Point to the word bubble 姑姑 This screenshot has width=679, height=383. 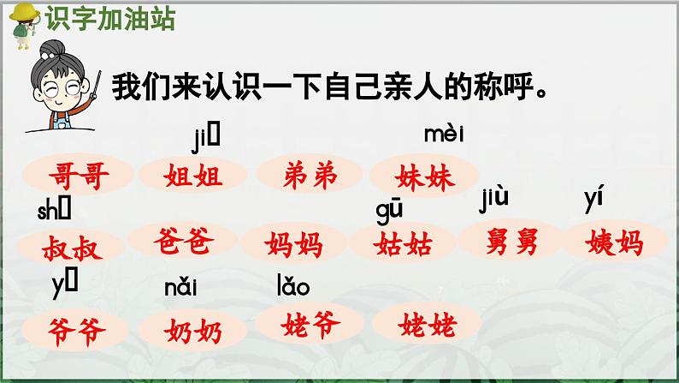pos(403,244)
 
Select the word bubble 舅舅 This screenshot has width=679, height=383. pos(511,242)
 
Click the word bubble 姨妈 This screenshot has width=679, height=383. pos(616,242)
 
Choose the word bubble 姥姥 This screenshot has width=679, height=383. pos(427,324)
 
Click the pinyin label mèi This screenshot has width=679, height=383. pos(444,133)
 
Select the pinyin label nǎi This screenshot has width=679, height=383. pos(180,288)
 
